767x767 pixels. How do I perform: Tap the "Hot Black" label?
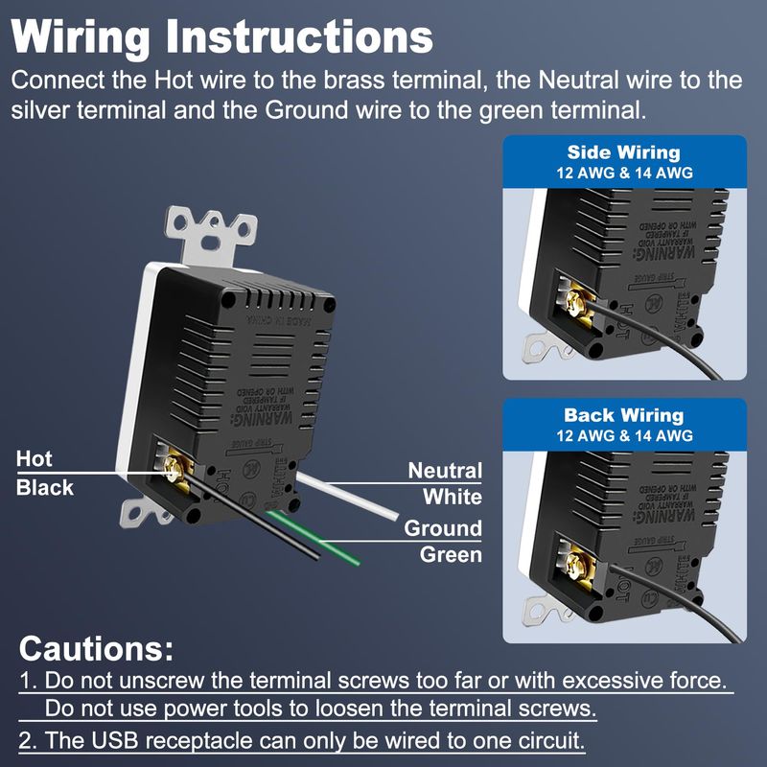[44, 474]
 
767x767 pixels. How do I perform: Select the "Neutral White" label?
[445, 483]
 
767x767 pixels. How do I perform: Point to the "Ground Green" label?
[443, 541]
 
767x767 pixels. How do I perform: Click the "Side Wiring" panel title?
[623, 152]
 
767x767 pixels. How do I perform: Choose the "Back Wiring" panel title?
[623, 415]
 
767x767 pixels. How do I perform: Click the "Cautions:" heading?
[96, 649]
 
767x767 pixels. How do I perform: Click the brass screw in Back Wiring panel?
[576, 563]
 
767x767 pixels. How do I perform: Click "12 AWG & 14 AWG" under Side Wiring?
[623, 174]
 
